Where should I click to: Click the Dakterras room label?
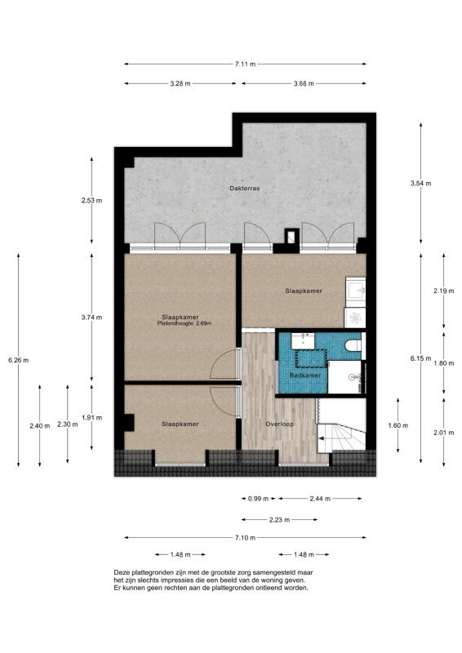coord(245,189)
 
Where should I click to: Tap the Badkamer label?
coord(305,375)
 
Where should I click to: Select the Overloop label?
coord(279,424)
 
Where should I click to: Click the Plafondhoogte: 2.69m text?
coord(184,323)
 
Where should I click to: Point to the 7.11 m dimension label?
coord(246,64)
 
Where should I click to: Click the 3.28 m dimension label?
coord(180,83)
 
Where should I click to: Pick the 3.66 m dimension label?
coord(304,83)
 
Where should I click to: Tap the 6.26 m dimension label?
coord(18,360)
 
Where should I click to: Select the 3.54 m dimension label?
coord(420,183)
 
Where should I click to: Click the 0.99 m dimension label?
coord(259,498)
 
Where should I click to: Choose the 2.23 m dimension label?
coord(279,520)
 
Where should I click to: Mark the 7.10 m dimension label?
coord(245,538)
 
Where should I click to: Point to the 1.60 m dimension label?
coord(398,425)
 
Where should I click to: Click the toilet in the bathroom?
coord(353,345)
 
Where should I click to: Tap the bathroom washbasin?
coord(303,340)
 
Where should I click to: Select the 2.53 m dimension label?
coord(91,200)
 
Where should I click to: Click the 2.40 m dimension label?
coord(39,425)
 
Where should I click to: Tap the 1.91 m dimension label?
coord(91,417)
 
